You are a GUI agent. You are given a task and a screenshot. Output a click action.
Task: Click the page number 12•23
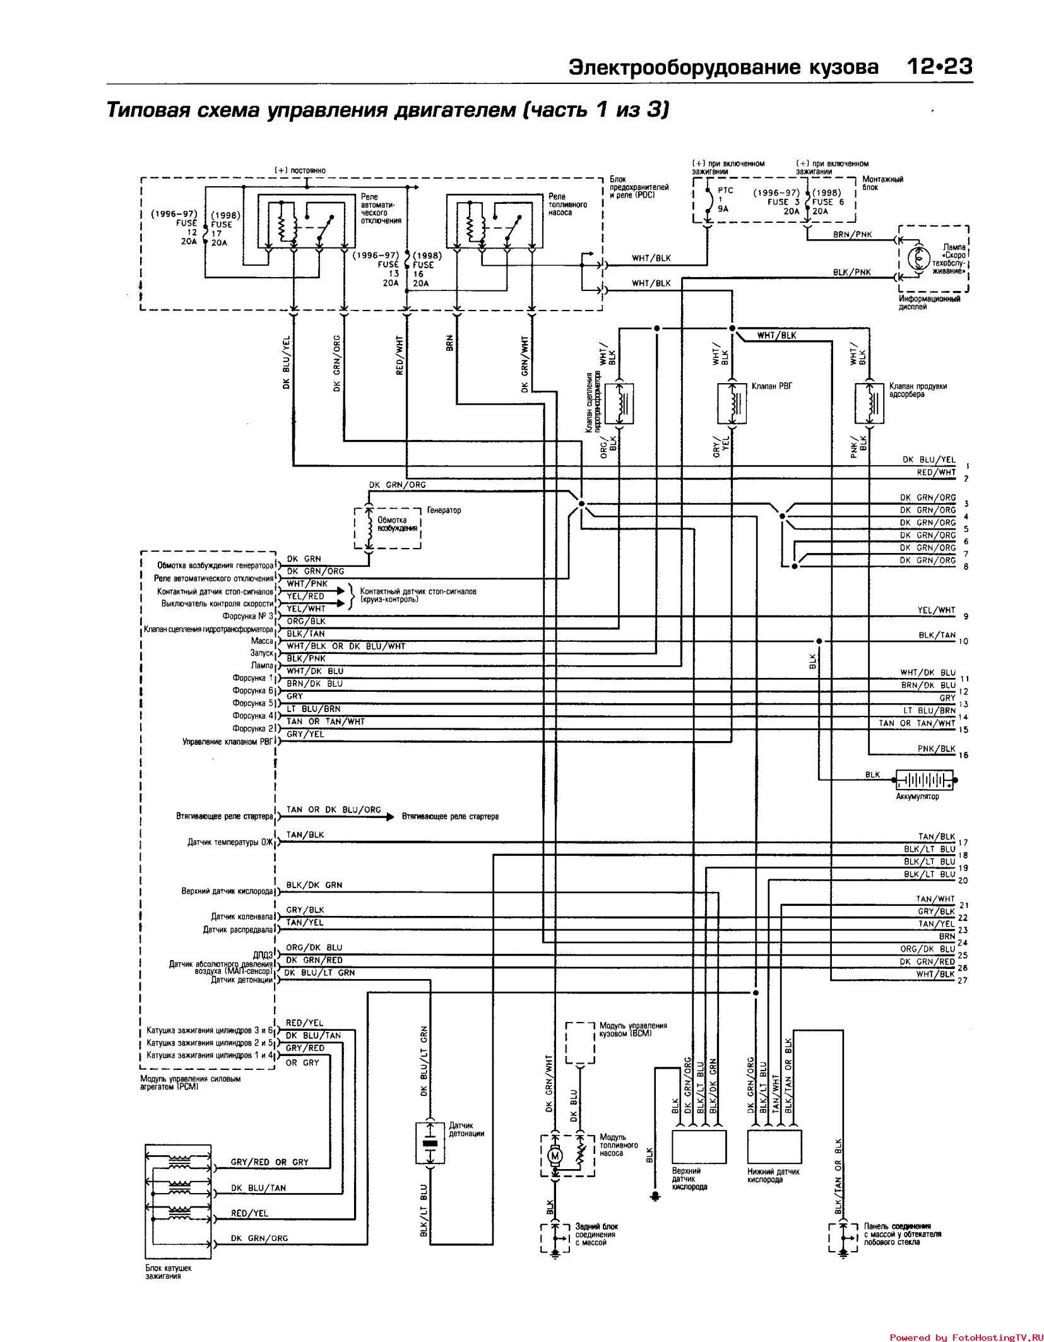pos(939,66)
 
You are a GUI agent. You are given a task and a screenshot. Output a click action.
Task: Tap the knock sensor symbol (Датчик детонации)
pos(429,1143)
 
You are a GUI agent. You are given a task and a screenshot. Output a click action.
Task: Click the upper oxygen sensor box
pos(697,1151)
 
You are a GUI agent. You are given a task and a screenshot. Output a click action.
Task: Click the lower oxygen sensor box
pos(774,1151)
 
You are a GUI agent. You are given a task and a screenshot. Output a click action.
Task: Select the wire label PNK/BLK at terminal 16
pos(937,749)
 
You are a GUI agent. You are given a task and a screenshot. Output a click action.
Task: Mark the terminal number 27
pos(963,980)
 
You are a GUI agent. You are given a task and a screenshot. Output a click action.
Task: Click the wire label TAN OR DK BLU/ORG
pos(333,810)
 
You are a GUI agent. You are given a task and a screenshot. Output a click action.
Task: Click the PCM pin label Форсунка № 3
pos(248,616)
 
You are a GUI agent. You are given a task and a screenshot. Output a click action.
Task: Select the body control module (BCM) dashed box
pos(580,1043)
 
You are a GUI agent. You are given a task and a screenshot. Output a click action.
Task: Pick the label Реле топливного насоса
pos(567,205)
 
